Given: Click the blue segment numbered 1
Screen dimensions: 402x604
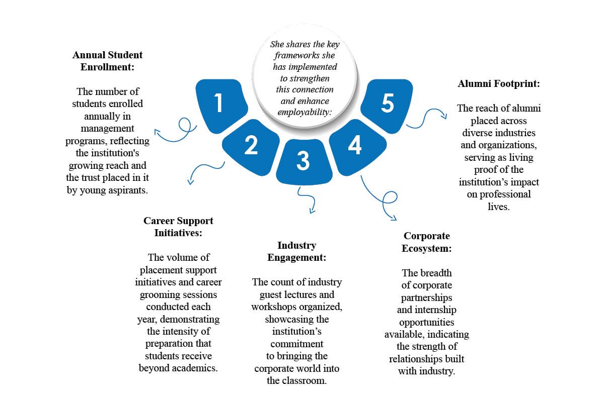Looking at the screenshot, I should click(x=219, y=104).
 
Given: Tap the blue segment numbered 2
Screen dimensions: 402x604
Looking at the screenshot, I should click(x=251, y=145).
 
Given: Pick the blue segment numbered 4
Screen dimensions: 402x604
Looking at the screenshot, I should click(x=355, y=146).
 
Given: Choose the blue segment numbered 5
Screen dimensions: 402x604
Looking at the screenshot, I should click(x=387, y=104).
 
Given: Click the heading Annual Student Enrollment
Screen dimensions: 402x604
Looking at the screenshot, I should click(x=107, y=60).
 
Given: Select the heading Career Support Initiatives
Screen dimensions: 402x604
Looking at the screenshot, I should click(x=178, y=227).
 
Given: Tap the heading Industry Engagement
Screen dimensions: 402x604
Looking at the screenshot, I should click(x=296, y=251).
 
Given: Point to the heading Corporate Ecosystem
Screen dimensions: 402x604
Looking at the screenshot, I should click(x=426, y=242).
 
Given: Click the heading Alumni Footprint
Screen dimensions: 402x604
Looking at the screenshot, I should click(x=499, y=84).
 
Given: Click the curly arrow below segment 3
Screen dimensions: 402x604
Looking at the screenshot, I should click(x=306, y=199).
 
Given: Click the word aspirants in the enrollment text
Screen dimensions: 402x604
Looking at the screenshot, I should click(x=126, y=190).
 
